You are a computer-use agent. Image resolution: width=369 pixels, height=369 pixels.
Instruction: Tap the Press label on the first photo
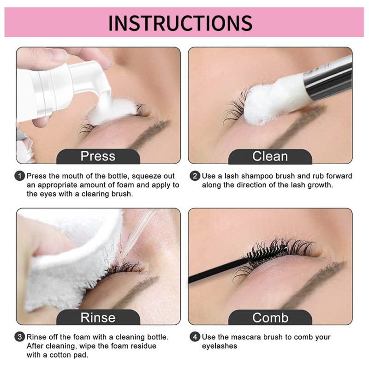click(x=98, y=156)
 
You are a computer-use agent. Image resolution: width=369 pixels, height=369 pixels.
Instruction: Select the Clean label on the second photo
click(x=270, y=156)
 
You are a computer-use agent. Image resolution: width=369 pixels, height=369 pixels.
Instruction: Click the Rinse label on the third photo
click(x=98, y=317)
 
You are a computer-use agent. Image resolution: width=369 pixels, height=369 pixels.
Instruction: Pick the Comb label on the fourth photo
click(x=270, y=317)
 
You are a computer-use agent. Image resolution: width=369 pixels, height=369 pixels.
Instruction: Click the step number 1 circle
click(x=20, y=176)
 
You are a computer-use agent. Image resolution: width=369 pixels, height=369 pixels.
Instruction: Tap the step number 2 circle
click(x=195, y=176)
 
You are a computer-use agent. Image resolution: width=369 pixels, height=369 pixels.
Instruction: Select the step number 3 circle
click(x=20, y=337)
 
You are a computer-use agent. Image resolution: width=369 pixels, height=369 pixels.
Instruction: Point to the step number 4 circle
click(x=195, y=337)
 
